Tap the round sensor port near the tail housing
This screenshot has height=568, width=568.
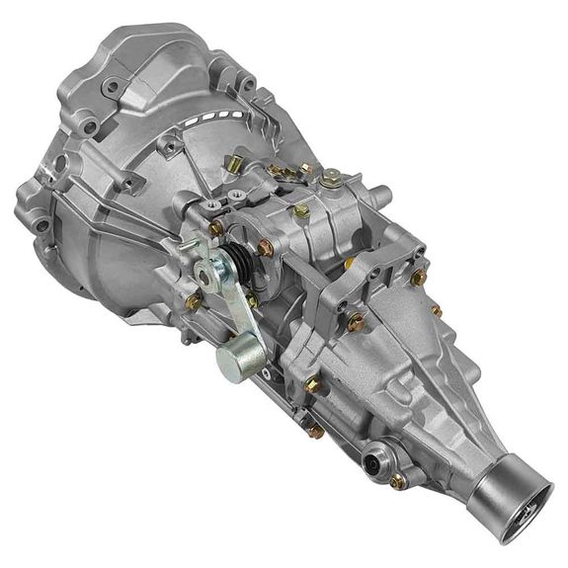tap(376, 459)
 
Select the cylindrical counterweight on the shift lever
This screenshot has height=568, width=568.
tap(234, 362)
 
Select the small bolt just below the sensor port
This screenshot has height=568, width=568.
tap(397, 481)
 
